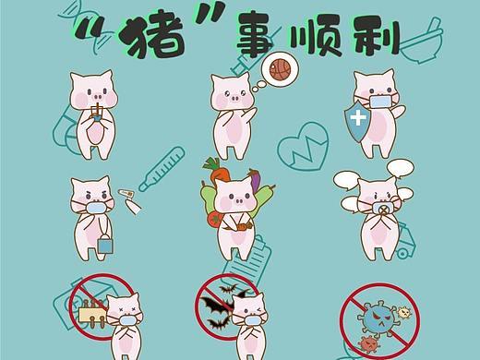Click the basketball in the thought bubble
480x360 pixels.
point(280,69)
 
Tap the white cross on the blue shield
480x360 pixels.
point(358,118)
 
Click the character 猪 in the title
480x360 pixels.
point(151,37)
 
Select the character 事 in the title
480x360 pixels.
point(257,34)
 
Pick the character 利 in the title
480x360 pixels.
point(376,37)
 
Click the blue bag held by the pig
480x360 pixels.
point(105,245)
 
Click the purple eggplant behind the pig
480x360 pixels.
point(256,179)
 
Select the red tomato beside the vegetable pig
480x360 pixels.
point(214,220)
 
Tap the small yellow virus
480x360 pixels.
point(404,313)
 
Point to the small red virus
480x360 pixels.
point(368,344)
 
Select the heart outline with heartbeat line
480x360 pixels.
point(303,146)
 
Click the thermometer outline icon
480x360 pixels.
point(162,169)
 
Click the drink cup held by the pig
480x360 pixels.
point(97,114)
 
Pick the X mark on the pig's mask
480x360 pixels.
point(382,210)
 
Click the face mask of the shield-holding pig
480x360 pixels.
point(381,102)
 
